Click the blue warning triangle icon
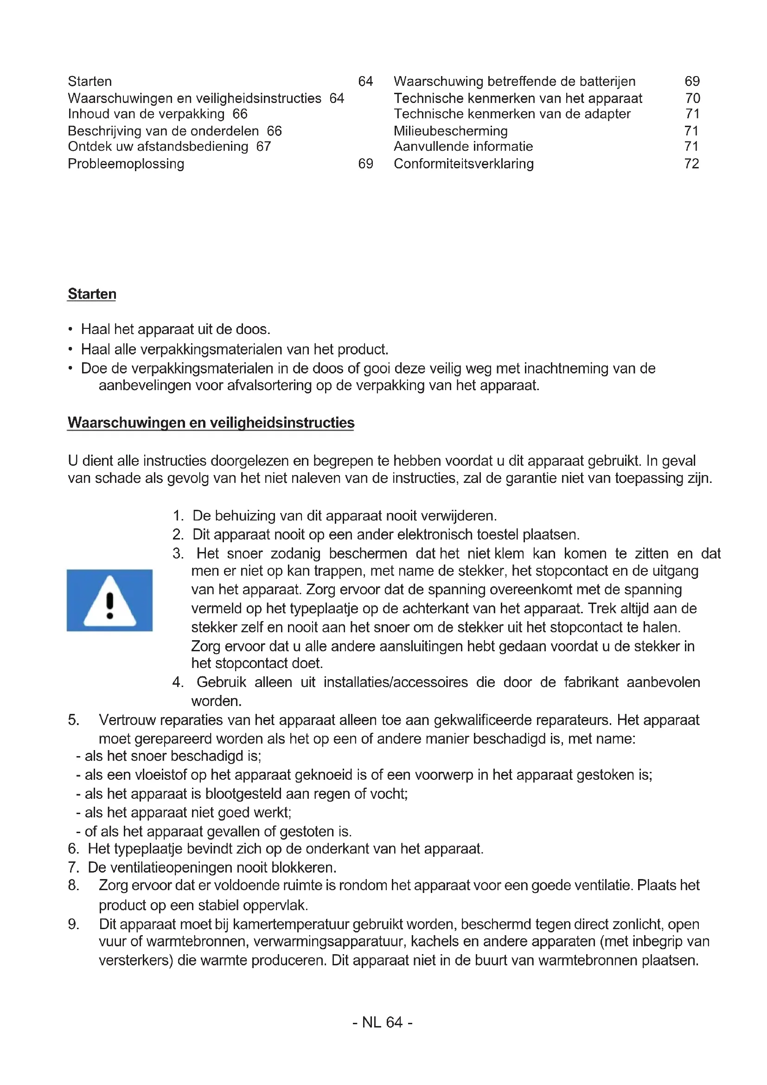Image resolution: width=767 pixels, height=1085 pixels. tap(109, 600)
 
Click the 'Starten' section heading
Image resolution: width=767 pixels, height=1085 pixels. tap(92, 294)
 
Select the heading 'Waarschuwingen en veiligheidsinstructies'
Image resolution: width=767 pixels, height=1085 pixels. tap(211, 423)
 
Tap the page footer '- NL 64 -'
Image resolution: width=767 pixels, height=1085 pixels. tap(383, 1022)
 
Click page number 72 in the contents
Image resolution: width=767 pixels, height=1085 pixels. tap(691, 163)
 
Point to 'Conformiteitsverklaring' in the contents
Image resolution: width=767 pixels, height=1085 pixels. tap(464, 163)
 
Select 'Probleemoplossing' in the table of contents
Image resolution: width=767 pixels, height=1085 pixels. tap(126, 163)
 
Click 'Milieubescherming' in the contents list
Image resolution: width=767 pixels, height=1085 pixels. tap(451, 131)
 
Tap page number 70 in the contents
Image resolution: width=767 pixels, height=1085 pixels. tap(692, 98)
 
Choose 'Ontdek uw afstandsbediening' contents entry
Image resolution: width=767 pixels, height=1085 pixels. tap(158, 147)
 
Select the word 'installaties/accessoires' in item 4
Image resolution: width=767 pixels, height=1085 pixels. tap(396, 682)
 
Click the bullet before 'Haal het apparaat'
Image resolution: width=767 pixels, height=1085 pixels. tap(70, 329)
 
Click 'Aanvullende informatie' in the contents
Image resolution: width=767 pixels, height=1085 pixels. tap(463, 147)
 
